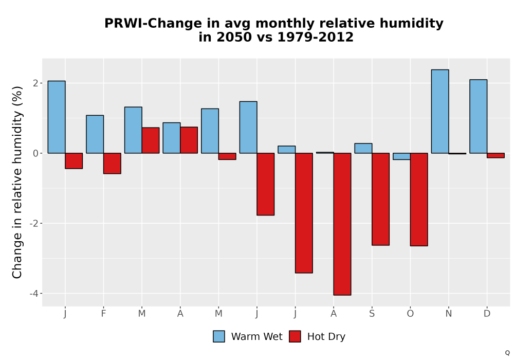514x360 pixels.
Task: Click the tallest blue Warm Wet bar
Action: tap(440, 112)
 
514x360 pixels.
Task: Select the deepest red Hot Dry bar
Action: tap(342, 224)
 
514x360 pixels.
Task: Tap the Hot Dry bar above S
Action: tap(380, 199)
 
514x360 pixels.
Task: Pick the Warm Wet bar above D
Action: tap(478, 116)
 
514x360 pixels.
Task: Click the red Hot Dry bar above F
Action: tap(112, 163)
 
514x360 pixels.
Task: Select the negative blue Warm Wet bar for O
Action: tap(401, 156)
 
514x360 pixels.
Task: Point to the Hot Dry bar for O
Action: tap(419, 200)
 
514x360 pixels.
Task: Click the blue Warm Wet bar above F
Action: tap(95, 134)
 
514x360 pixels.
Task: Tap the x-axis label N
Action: tap(448, 314)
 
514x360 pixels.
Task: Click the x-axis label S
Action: tap(372, 314)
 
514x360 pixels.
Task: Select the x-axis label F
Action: tap(103, 314)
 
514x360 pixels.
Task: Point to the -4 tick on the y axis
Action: tap(34, 294)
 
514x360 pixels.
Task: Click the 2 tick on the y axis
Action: tap(36, 83)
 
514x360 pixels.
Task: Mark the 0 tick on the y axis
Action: tap(36, 153)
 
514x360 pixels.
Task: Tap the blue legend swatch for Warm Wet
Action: tap(219, 336)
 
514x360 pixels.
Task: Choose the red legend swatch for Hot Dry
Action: tap(295, 336)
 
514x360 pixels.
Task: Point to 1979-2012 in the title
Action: tap(316, 37)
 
